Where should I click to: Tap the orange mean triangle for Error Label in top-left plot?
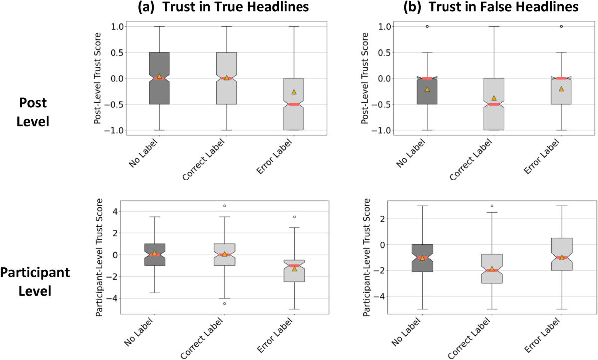(294, 92)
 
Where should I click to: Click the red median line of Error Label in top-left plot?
(294, 104)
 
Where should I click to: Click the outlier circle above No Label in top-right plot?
(427, 26)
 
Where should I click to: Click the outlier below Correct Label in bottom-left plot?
(224, 303)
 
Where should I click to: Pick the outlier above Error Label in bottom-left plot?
(294, 217)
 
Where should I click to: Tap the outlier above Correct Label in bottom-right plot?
(492, 206)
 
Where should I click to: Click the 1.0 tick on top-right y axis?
(385, 26)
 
